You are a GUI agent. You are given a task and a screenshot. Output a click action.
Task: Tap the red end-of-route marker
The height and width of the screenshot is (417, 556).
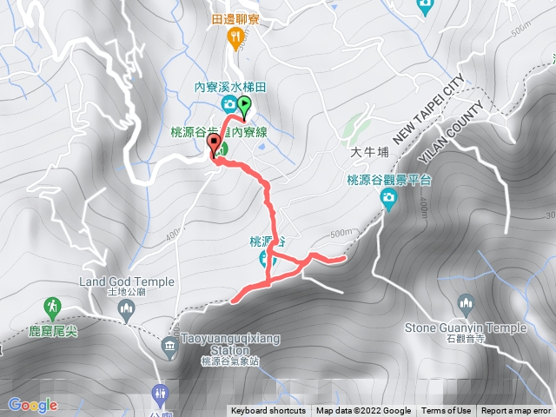(213, 148)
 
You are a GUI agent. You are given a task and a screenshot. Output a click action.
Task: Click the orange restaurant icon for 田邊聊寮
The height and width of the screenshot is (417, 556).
(234, 36)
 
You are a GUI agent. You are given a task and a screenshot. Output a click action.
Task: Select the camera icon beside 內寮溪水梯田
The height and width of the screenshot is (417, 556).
(228, 105)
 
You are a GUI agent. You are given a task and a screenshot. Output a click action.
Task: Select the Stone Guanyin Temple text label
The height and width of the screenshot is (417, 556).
(466, 328)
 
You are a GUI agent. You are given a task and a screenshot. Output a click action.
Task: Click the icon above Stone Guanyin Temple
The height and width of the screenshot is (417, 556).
(466, 305)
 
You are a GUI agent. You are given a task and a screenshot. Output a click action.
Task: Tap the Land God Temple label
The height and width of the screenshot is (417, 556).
(127, 282)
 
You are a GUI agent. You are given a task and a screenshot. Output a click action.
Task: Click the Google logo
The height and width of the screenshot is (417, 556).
(33, 405)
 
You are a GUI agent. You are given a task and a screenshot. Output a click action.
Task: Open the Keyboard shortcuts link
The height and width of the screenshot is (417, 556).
(268, 411)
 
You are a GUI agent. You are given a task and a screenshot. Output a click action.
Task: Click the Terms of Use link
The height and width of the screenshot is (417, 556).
(447, 411)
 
